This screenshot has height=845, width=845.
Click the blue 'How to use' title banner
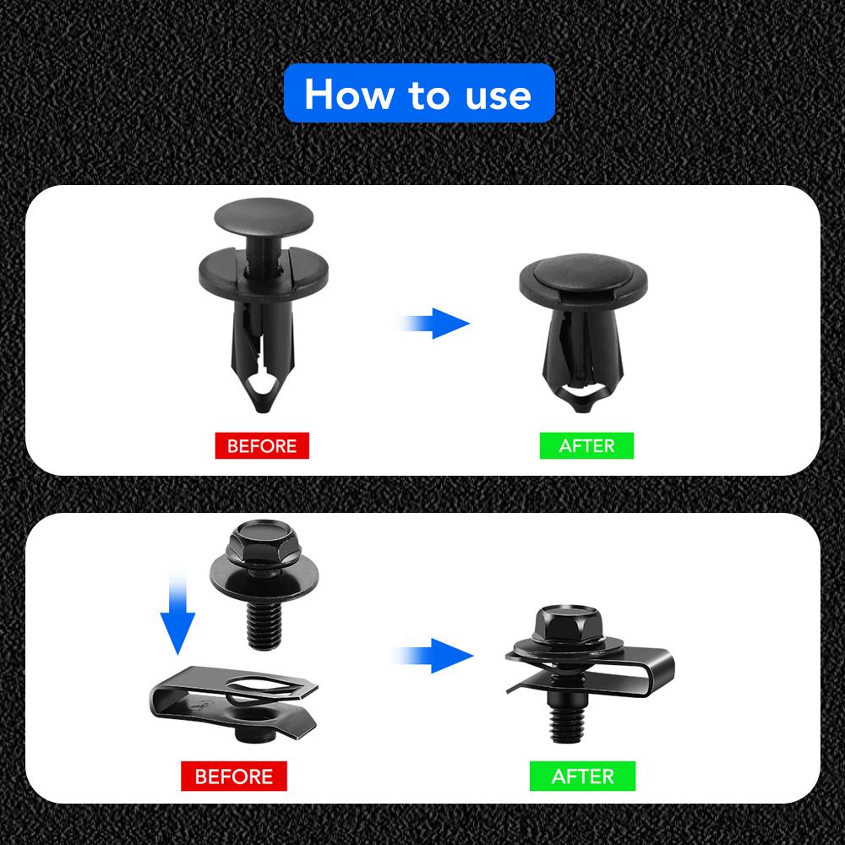click(x=419, y=94)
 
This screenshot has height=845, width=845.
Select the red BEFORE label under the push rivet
click(x=262, y=445)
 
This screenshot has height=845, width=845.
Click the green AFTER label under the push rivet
click(x=586, y=445)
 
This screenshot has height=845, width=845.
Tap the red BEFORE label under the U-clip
click(x=234, y=776)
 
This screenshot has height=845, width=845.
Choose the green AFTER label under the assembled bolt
click(x=582, y=776)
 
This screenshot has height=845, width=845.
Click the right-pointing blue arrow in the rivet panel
click(x=435, y=323)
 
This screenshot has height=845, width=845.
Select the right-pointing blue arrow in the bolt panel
click(x=435, y=655)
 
